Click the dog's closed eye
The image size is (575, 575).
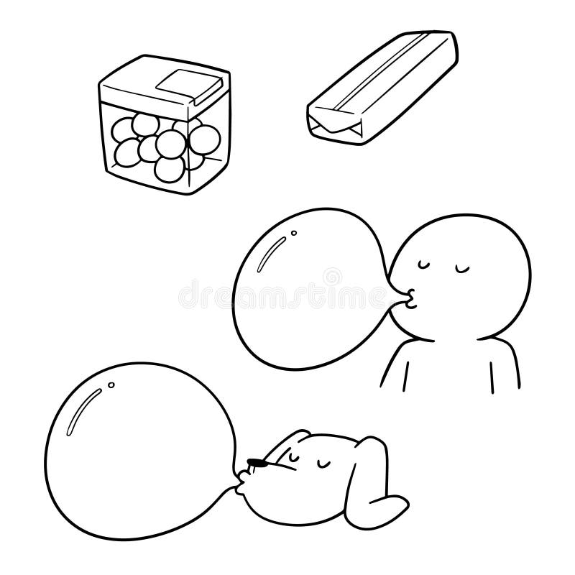(291, 456)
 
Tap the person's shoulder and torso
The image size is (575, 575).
(446, 367)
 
